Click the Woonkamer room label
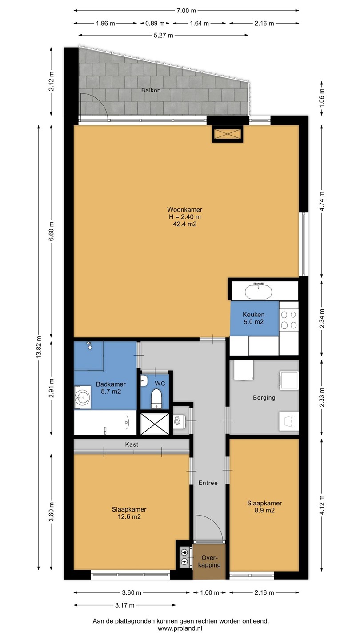click(x=184, y=209)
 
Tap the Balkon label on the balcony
click(x=151, y=90)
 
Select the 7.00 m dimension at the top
click(x=186, y=11)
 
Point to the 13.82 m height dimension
click(x=39, y=347)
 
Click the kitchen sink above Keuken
click(x=258, y=291)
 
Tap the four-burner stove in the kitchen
click(x=288, y=320)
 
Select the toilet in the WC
click(x=156, y=399)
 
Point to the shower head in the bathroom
click(x=89, y=345)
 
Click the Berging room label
click(x=264, y=397)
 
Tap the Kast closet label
click(x=132, y=444)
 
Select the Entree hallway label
click(x=208, y=483)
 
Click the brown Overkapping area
click(x=209, y=561)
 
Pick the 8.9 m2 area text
click(x=264, y=510)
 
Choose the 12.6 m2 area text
click(x=129, y=516)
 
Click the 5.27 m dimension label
click(x=164, y=35)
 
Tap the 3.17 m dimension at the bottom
click(x=124, y=605)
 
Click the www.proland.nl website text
click(x=180, y=628)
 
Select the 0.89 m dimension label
click(x=155, y=24)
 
